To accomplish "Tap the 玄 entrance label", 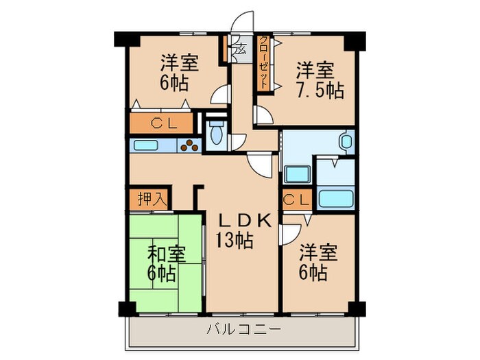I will (240, 49).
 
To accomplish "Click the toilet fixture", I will (216, 132).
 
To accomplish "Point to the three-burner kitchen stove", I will (190, 145).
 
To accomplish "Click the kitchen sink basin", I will (145, 145).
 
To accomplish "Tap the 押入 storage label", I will (148, 200).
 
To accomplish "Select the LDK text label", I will (245, 220).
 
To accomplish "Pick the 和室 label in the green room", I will (165, 253).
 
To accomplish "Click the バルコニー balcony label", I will (243, 329).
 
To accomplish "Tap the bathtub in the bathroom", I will (335, 198).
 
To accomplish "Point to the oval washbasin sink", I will (346, 143).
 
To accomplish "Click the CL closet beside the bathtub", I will (296, 200).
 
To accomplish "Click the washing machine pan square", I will (296, 174).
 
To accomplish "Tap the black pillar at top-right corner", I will (354, 40).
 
